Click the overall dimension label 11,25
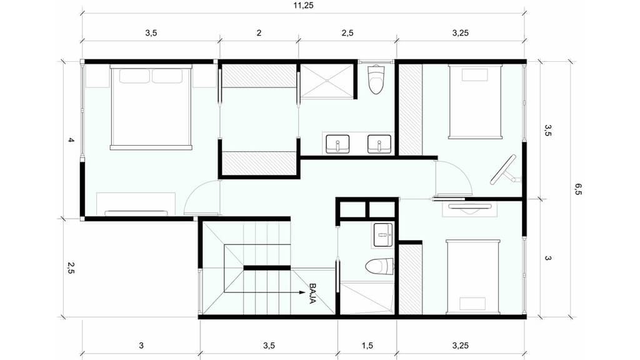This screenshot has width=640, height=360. tap(303, 6)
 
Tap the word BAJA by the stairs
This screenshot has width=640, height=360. tap(313, 294)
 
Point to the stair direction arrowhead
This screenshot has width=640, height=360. tap(302, 292)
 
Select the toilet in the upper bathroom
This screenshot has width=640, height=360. tap(376, 79)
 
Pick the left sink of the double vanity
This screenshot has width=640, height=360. tap(337, 144)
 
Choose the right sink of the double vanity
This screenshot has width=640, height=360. tap(379, 144)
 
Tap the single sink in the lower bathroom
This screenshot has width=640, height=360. tap(383, 235)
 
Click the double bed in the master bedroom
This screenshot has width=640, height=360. tap(151, 107)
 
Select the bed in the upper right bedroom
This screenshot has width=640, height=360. tap(475, 102)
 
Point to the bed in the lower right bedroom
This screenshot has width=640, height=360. tap(473, 277)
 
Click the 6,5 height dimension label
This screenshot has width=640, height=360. tap(578, 189)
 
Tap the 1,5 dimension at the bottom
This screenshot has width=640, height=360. tap(367, 345)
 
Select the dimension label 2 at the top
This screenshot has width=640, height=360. tap(259, 32)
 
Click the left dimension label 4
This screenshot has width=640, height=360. tap(71, 140)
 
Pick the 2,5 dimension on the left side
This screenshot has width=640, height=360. tap(71, 267)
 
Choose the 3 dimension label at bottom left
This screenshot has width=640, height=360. tap(141, 345)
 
